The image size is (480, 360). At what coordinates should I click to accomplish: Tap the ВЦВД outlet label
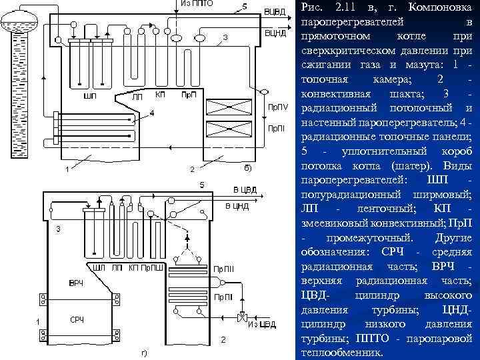pyautogui.click(x=275, y=12)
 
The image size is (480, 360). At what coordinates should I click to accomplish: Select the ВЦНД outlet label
pyautogui.click(x=275, y=33)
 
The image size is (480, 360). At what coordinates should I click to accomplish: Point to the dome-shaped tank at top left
pyautogui.click(x=19, y=21)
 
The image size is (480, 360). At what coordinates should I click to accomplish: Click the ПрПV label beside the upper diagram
pyautogui.click(x=278, y=107)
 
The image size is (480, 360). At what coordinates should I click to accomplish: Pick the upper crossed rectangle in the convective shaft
pyautogui.click(x=229, y=107)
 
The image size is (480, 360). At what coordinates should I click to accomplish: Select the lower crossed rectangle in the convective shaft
pyautogui.click(x=229, y=129)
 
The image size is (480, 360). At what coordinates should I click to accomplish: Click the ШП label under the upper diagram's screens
pyautogui.click(x=90, y=96)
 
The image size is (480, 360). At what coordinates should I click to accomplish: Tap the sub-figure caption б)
pyautogui.click(x=247, y=167)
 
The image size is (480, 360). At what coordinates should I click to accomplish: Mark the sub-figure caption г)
pyautogui.click(x=145, y=353)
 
